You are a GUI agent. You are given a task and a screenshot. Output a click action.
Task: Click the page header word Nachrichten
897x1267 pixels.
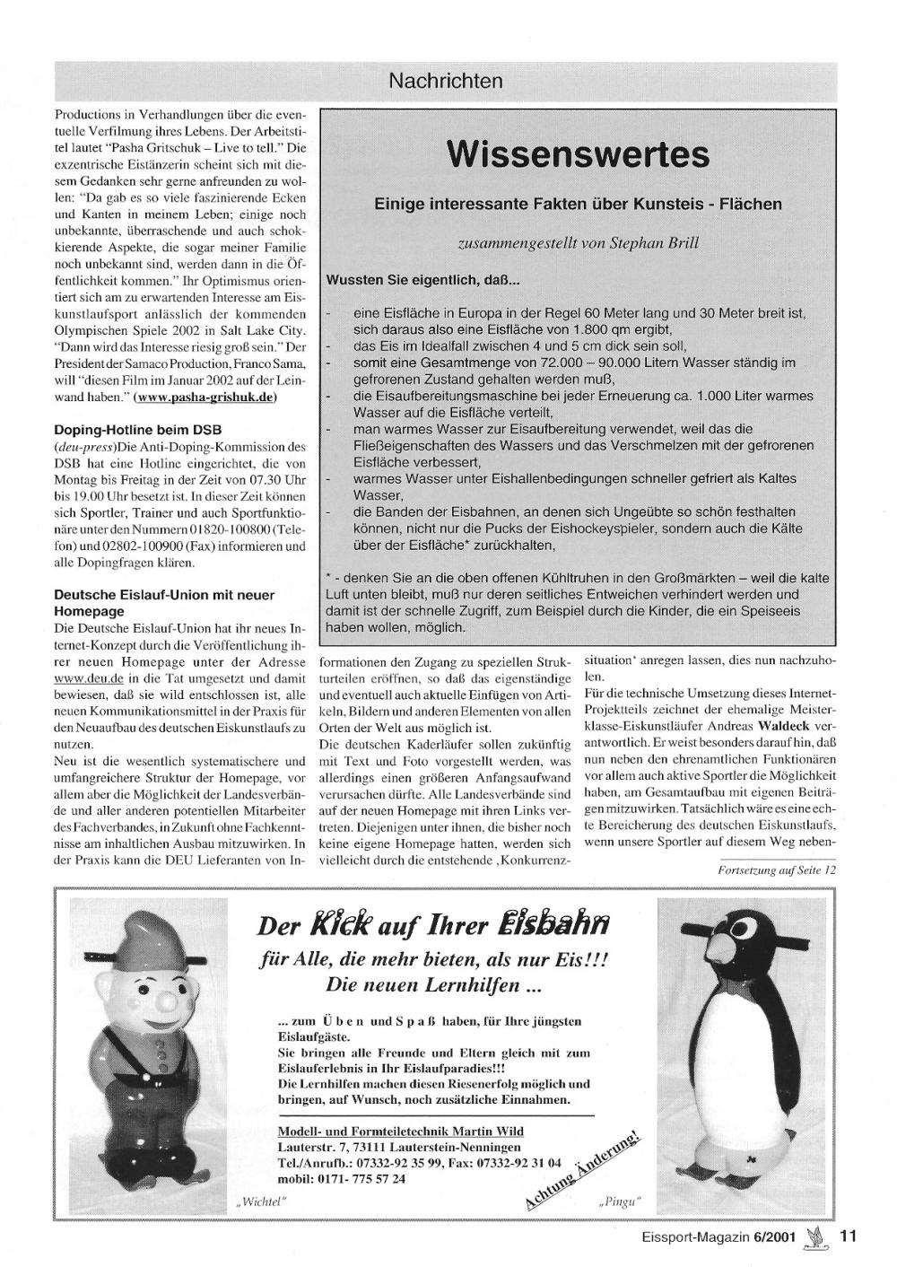point(446,81)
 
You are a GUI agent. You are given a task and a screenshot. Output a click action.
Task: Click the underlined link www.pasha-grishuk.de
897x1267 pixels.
point(205,397)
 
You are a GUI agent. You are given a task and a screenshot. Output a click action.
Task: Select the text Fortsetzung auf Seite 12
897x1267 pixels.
point(777,869)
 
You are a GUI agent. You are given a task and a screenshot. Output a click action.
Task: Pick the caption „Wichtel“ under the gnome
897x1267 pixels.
point(260,1201)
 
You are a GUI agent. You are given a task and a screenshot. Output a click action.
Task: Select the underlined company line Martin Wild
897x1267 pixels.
point(400,1132)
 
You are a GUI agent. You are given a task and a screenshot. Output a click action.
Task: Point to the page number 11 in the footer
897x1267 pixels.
point(849,1236)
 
